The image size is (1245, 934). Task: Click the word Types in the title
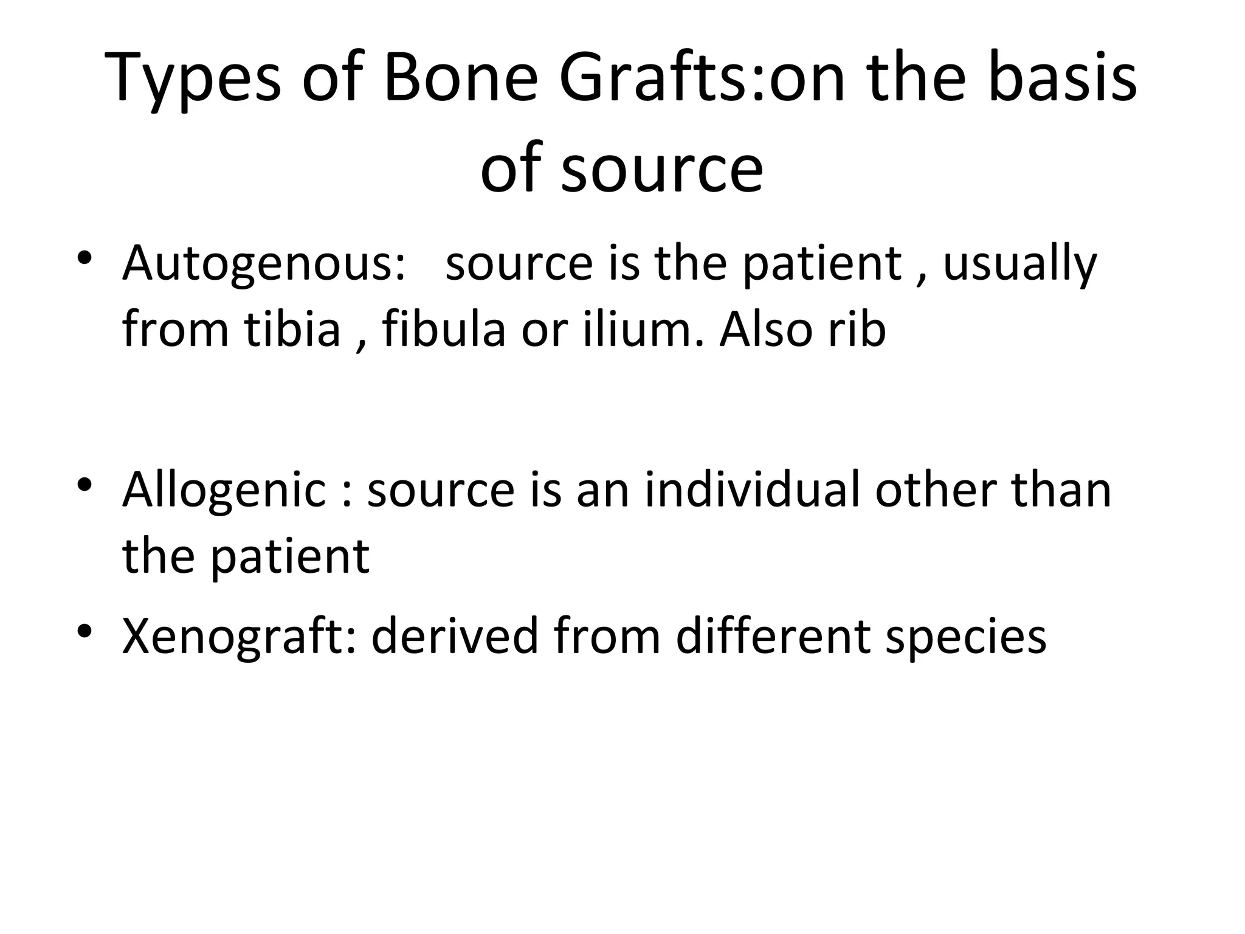193,80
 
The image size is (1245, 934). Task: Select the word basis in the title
1063,80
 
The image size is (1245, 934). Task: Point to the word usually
1019,265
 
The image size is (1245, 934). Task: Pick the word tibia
292,330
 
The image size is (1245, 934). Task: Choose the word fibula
444,330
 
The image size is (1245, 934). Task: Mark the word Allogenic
224,490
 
